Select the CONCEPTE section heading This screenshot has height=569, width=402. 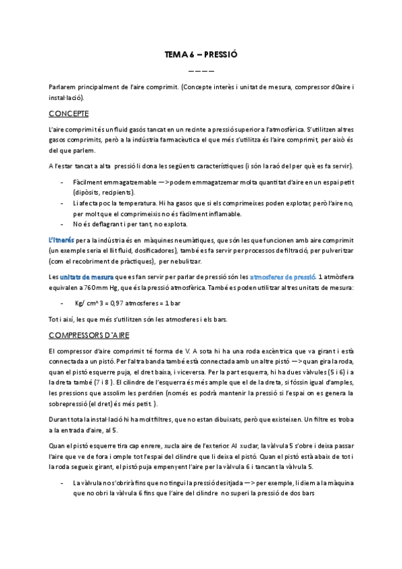[69, 113]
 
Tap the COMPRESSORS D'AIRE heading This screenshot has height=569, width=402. [89, 334]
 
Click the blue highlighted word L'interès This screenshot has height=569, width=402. [62, 240]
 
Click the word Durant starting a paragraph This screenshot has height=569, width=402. [60, 419]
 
